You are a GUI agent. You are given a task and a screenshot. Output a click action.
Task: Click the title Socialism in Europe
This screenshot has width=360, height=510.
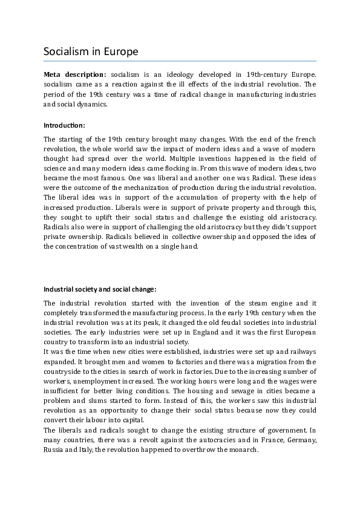click(x=91, y=51)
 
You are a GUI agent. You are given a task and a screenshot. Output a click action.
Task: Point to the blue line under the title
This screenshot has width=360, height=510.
click(x=180, y=61)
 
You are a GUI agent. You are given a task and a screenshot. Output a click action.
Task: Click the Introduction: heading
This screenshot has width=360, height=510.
click(x=64, y=125)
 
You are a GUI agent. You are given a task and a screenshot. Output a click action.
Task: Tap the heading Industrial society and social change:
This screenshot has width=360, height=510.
click(x=100, y=289)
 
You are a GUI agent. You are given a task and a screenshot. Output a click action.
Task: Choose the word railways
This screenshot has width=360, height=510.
click(x=300, y=351)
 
